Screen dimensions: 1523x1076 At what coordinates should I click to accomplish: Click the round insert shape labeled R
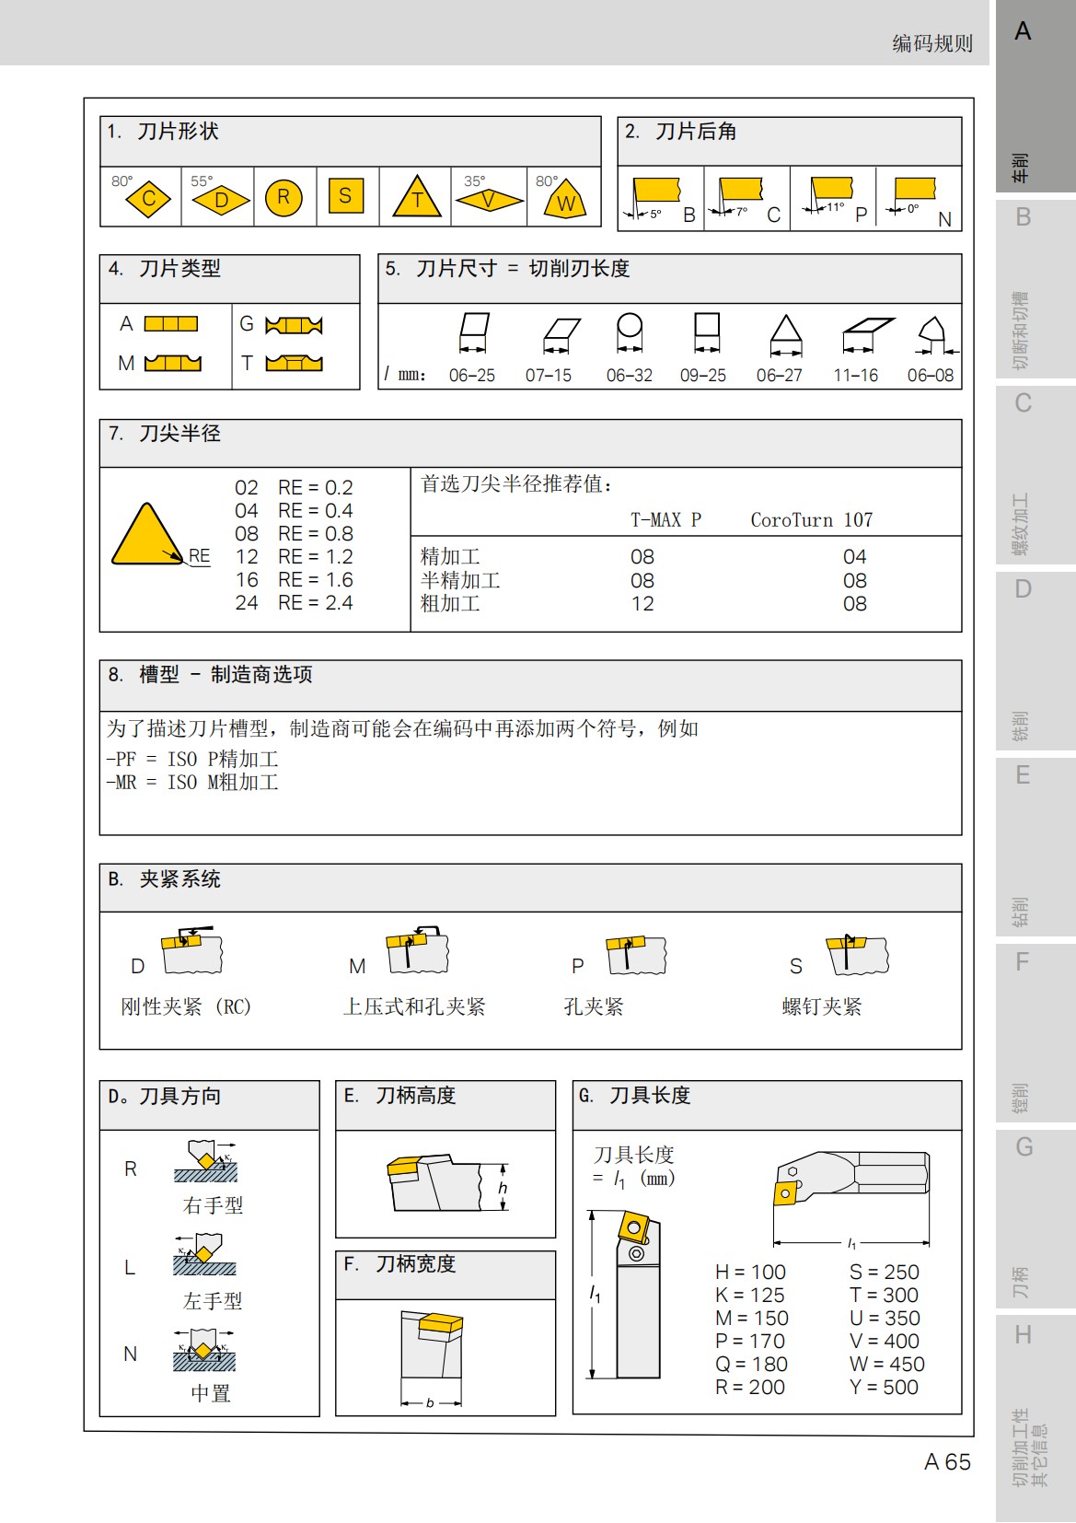(x=283, y=196)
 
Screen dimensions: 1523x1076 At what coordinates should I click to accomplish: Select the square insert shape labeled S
(x=345, y=195)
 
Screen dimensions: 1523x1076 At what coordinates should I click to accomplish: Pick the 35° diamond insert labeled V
(x=489, y=199)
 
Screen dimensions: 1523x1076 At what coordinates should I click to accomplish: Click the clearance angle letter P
(x=862, y=215)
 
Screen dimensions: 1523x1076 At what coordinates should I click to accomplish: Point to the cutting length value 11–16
(x=856, y=376)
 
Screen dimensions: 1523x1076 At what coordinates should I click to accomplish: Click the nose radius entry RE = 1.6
(x=315, y=580)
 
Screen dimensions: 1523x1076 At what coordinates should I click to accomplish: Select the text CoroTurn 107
(x=811, y=520)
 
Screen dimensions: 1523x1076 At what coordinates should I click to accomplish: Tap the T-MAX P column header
(x=665, y=520)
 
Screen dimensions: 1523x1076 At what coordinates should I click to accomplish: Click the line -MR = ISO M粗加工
(x=192, y=783)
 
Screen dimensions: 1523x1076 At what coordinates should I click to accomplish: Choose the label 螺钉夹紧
(x=822, y=1007)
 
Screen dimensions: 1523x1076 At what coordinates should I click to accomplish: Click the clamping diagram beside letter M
(x=418, y=951)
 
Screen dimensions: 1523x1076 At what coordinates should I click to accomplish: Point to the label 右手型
(x=213, y=1205)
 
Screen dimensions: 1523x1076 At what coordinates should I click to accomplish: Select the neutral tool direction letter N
(x=131, y=1354)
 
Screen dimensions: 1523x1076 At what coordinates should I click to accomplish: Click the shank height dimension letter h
(x=503, y=1188)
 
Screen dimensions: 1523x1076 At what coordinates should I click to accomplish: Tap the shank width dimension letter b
(x=430, y=1403)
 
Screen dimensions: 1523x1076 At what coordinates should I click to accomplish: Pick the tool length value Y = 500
(x=884, y=1388)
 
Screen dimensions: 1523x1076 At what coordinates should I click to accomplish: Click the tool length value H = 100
(x=750, y=1273)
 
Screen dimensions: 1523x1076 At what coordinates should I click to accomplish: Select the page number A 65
(x=947, y=1462)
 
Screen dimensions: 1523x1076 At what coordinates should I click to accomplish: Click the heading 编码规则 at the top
(x=932, y=43)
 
